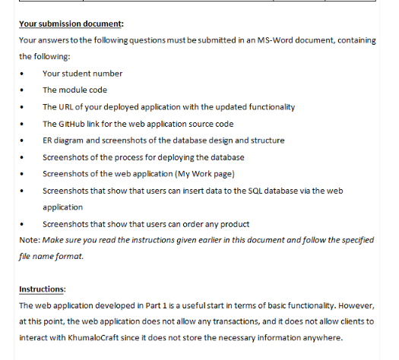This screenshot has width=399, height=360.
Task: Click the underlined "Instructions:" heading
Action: [x=43, y=289]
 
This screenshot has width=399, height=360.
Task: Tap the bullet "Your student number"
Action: [x=82, y=74]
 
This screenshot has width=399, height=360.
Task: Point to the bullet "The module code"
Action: [x=74, y=90]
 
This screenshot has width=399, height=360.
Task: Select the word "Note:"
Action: [x=30, y=240]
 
